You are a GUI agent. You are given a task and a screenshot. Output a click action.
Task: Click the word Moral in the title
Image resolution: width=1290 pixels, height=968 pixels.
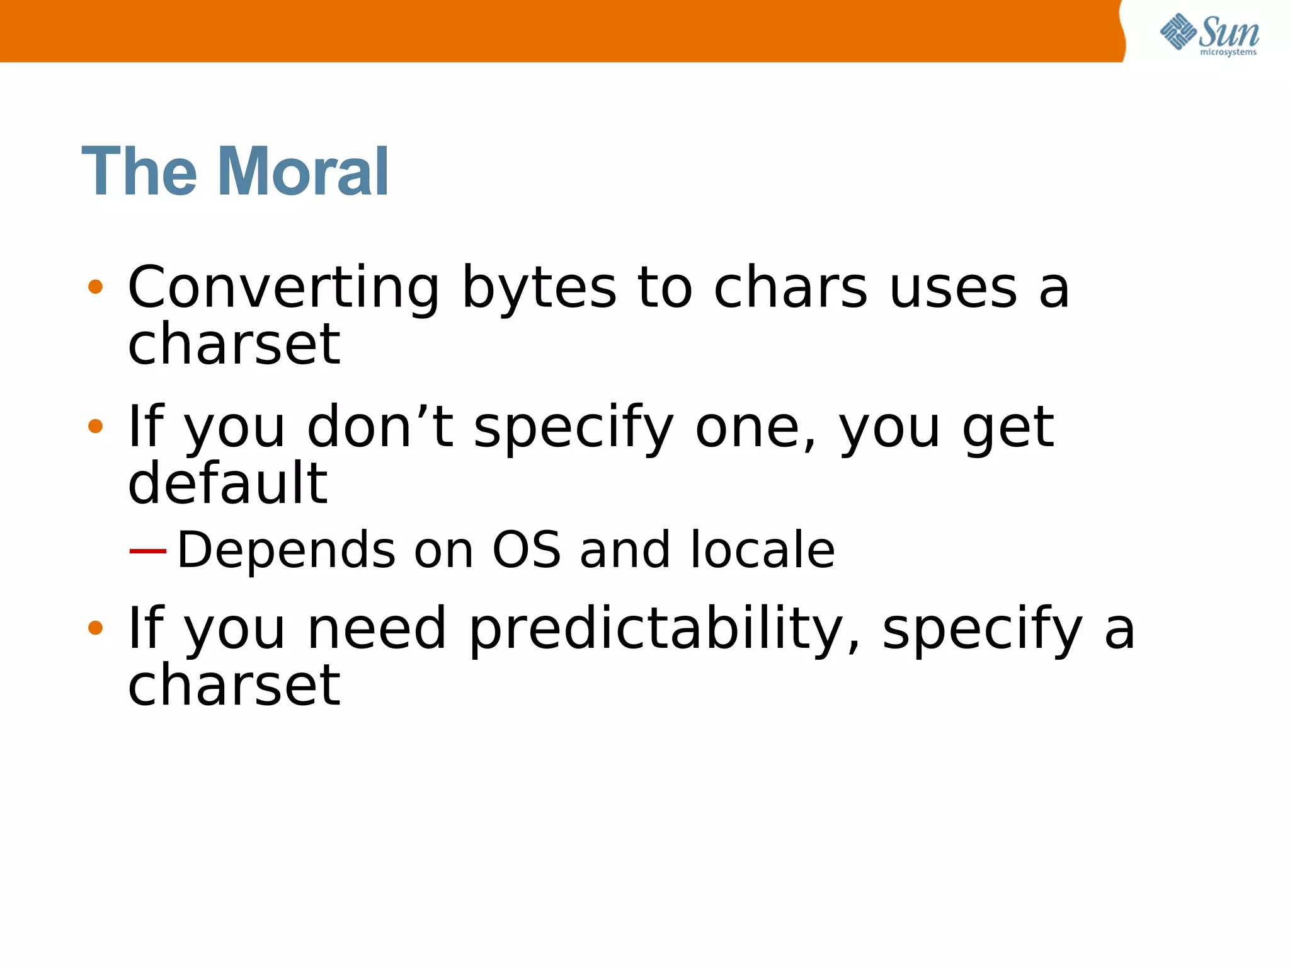[303, 171]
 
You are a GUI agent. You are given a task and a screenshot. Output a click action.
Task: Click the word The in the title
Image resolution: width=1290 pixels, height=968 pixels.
[139, 171]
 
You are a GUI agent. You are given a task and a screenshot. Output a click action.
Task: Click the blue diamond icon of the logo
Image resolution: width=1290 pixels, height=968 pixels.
[1177, 32]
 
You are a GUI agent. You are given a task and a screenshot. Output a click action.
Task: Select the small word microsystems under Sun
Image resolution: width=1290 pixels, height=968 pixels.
[1228, 52]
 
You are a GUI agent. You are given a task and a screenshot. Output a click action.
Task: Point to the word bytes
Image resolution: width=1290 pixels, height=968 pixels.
[539, 289]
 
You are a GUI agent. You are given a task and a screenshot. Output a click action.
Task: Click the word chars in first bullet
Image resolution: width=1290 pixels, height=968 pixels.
[790, 289]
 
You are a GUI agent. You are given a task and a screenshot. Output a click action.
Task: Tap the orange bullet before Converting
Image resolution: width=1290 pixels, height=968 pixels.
[95, 287]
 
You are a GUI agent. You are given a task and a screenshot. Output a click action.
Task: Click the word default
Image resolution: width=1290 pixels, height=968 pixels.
[227, 483]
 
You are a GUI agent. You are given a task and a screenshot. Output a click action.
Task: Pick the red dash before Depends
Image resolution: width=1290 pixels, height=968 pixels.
[147, 551]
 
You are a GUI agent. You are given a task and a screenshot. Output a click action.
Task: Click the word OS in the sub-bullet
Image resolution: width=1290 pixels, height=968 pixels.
[526, 550]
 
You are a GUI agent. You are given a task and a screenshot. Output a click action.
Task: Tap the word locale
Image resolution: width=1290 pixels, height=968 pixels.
[763, 550]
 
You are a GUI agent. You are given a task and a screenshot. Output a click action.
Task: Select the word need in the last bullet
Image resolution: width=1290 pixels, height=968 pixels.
[377, 630]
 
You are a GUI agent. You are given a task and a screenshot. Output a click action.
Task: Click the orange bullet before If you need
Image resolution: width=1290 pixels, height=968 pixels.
[95, 628]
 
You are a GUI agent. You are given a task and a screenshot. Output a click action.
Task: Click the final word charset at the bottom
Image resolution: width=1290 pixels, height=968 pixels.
[234, 686]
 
